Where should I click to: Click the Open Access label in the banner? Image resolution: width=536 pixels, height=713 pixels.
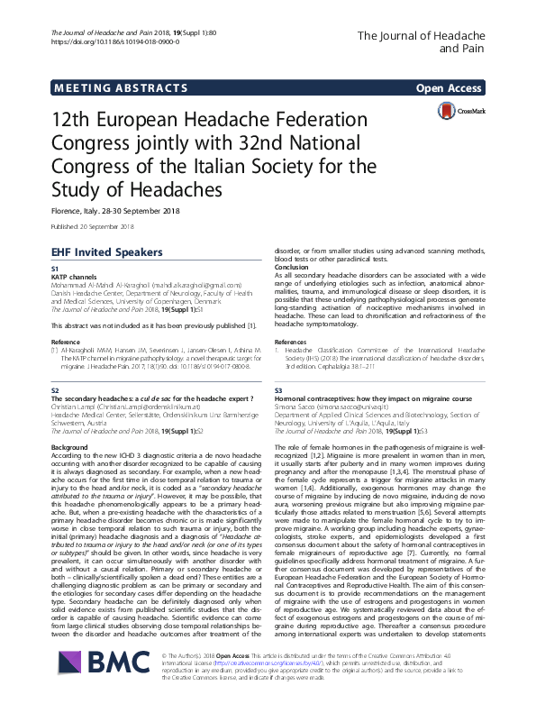click(x=449, y=88)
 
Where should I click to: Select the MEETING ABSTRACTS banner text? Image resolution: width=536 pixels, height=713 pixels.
click(x=101, y=88)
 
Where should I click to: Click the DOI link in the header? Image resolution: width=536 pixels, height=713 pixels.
click(x=103, y=42)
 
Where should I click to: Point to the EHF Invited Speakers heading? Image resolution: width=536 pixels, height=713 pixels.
click(x=106, y=251)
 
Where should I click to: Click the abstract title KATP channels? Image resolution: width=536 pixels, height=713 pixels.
click(x=73, y=277)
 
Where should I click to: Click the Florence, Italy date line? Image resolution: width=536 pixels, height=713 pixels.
click(x=119, y=211)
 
